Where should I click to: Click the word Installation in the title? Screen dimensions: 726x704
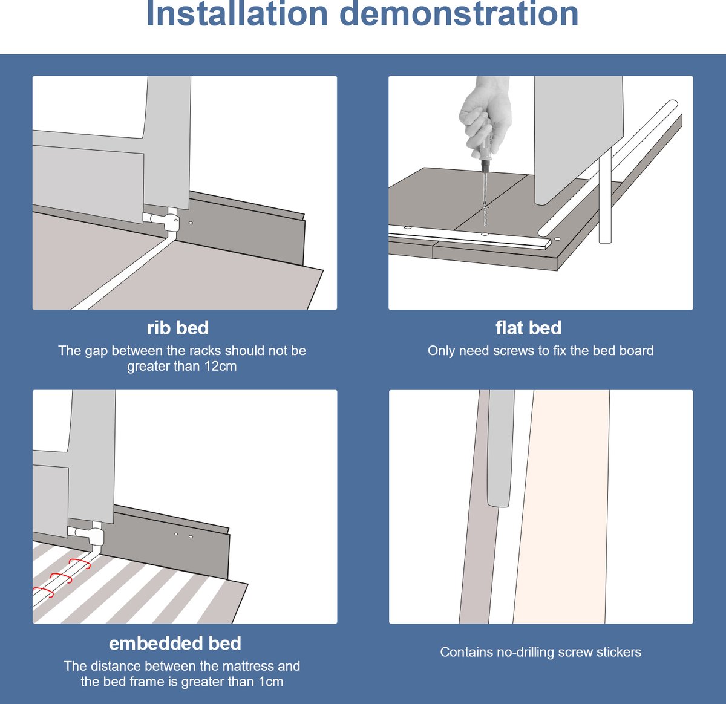pyautogui.click(x=237, y=14)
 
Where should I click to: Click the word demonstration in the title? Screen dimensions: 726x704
pyautogui.click(x=459, y=14)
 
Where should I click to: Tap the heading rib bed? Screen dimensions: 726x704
pyautogui.click(x=178, y=328)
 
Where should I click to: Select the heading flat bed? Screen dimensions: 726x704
pyautogui.click(x=528, y=328)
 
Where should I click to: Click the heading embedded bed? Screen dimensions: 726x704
pyautogui.click(x=175, y=644)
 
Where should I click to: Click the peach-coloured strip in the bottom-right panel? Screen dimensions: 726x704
pyautogui.click(x=561, y=507)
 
